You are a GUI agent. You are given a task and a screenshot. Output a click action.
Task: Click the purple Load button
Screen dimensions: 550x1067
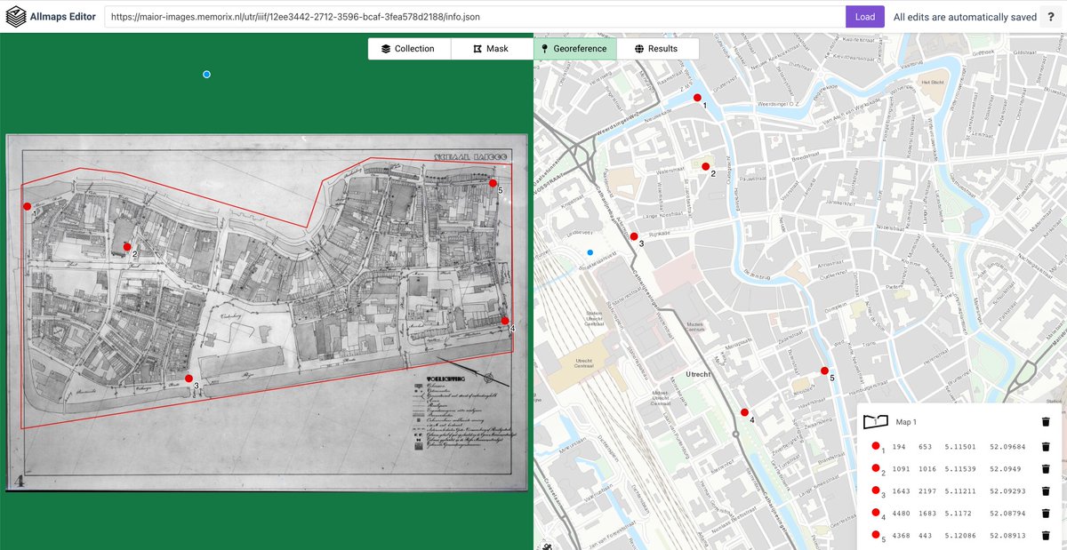point(864,17)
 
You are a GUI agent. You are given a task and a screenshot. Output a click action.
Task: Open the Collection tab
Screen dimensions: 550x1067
point(409,49)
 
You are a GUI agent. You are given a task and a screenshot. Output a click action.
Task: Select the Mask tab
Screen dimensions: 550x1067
point(492,49)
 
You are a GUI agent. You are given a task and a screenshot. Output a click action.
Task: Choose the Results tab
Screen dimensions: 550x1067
point(657,49)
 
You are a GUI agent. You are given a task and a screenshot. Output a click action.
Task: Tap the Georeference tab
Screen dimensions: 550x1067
point(574,49)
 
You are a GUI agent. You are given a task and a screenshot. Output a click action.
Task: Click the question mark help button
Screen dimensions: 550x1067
point(1053,17)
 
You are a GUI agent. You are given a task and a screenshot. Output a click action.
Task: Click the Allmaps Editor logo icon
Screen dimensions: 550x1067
point(16,17)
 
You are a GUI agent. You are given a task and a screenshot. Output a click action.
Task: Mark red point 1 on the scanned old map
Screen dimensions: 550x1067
point(27,206)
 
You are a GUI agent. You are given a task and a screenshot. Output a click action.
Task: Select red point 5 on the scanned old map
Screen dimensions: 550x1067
point(493,183)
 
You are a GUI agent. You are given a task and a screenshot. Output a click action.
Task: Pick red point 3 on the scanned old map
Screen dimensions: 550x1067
point(189,379)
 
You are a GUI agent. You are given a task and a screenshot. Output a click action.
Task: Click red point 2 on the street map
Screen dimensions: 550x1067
point(706,166)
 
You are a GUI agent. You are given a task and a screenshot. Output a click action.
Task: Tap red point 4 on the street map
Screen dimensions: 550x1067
point(744,412)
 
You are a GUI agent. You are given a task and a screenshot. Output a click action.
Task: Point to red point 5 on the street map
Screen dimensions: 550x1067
point(824,371)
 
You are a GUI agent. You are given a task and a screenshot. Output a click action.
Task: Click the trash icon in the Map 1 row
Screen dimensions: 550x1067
point(1046,422)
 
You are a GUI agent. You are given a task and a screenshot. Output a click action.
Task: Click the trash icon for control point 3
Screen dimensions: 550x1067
point(1046,491)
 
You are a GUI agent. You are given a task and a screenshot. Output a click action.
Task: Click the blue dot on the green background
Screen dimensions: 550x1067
point(206,75)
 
